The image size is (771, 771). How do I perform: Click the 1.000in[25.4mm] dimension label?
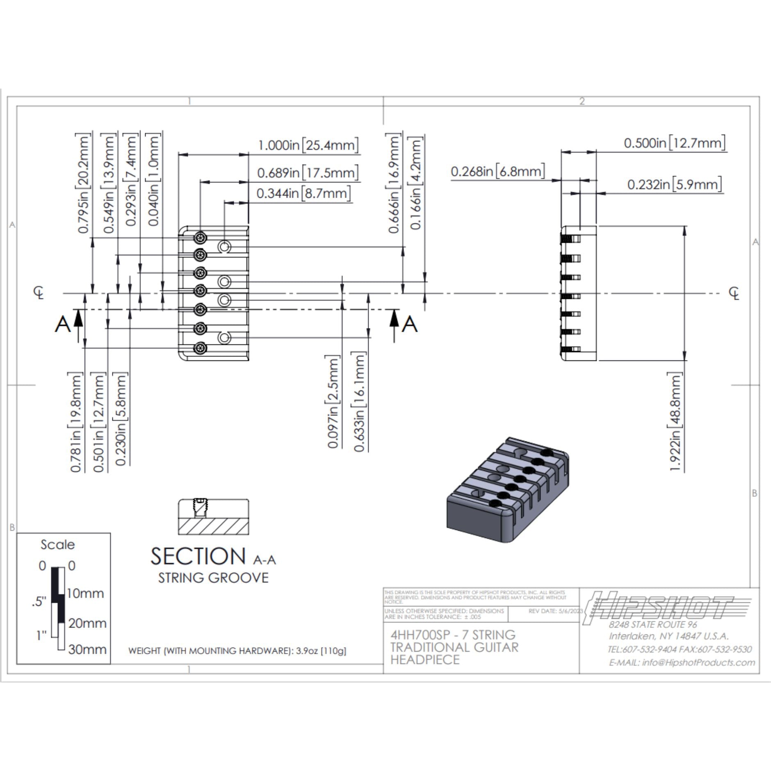pyautogui.click(x=308, y=145)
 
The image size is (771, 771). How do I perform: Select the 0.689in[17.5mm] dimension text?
pyautogui.click(x=308, y=173)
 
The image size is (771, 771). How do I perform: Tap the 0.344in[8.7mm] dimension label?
pyautogui.click(x=303, y=193)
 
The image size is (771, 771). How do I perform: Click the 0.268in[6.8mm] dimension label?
pyautogui.click(x=498, y=171)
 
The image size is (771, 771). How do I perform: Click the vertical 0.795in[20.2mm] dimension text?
pyautogui.click(x=83, y=183)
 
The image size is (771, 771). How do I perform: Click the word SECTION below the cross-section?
pyautogui.click(x=198, y=557)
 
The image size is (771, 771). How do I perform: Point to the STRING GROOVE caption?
pyautogui.click(x=213, y=578)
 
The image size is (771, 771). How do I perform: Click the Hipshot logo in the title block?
pyautogui.click(x=660, y=606)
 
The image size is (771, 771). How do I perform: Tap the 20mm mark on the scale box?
pyautogui.click(x=87, y=623)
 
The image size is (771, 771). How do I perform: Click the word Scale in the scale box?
pyautogui.click(x=57, y=545)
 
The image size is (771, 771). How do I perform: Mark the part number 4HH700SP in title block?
pyautogui.click(x=420, y=635)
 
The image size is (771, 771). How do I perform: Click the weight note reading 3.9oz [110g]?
pyautogui.click(x=321, y=651)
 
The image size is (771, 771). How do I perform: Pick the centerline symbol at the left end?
pyautogui.click(x=39, y=293)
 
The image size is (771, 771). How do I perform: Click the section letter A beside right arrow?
pyautogui.click(x=409, y=325)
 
